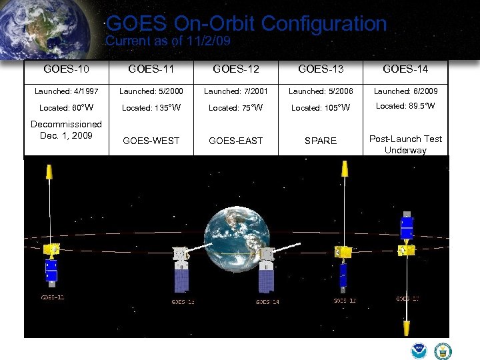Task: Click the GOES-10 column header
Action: coord(66,69)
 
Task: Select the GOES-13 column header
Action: coord(321,69)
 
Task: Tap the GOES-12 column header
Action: coord(236,69)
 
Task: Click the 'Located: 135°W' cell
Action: coord(151,107)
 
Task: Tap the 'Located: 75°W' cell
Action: coord(236,107)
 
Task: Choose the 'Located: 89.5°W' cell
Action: coord(405,106)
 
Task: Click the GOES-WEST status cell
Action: coord(151,141)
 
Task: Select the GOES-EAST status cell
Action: coord(236,141)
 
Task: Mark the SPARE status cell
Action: coord(321,141)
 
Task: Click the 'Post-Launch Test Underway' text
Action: coord(405,144)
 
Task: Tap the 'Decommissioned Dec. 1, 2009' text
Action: coord(66,129)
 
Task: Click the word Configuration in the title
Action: coord(324,24)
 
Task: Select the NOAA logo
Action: coord(419,351)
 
